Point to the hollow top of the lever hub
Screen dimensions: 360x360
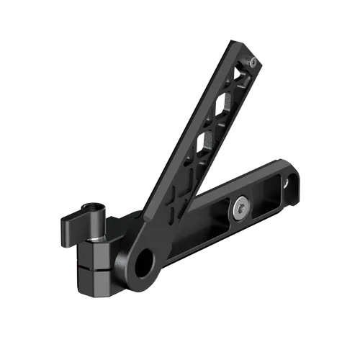pos(95,212)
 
